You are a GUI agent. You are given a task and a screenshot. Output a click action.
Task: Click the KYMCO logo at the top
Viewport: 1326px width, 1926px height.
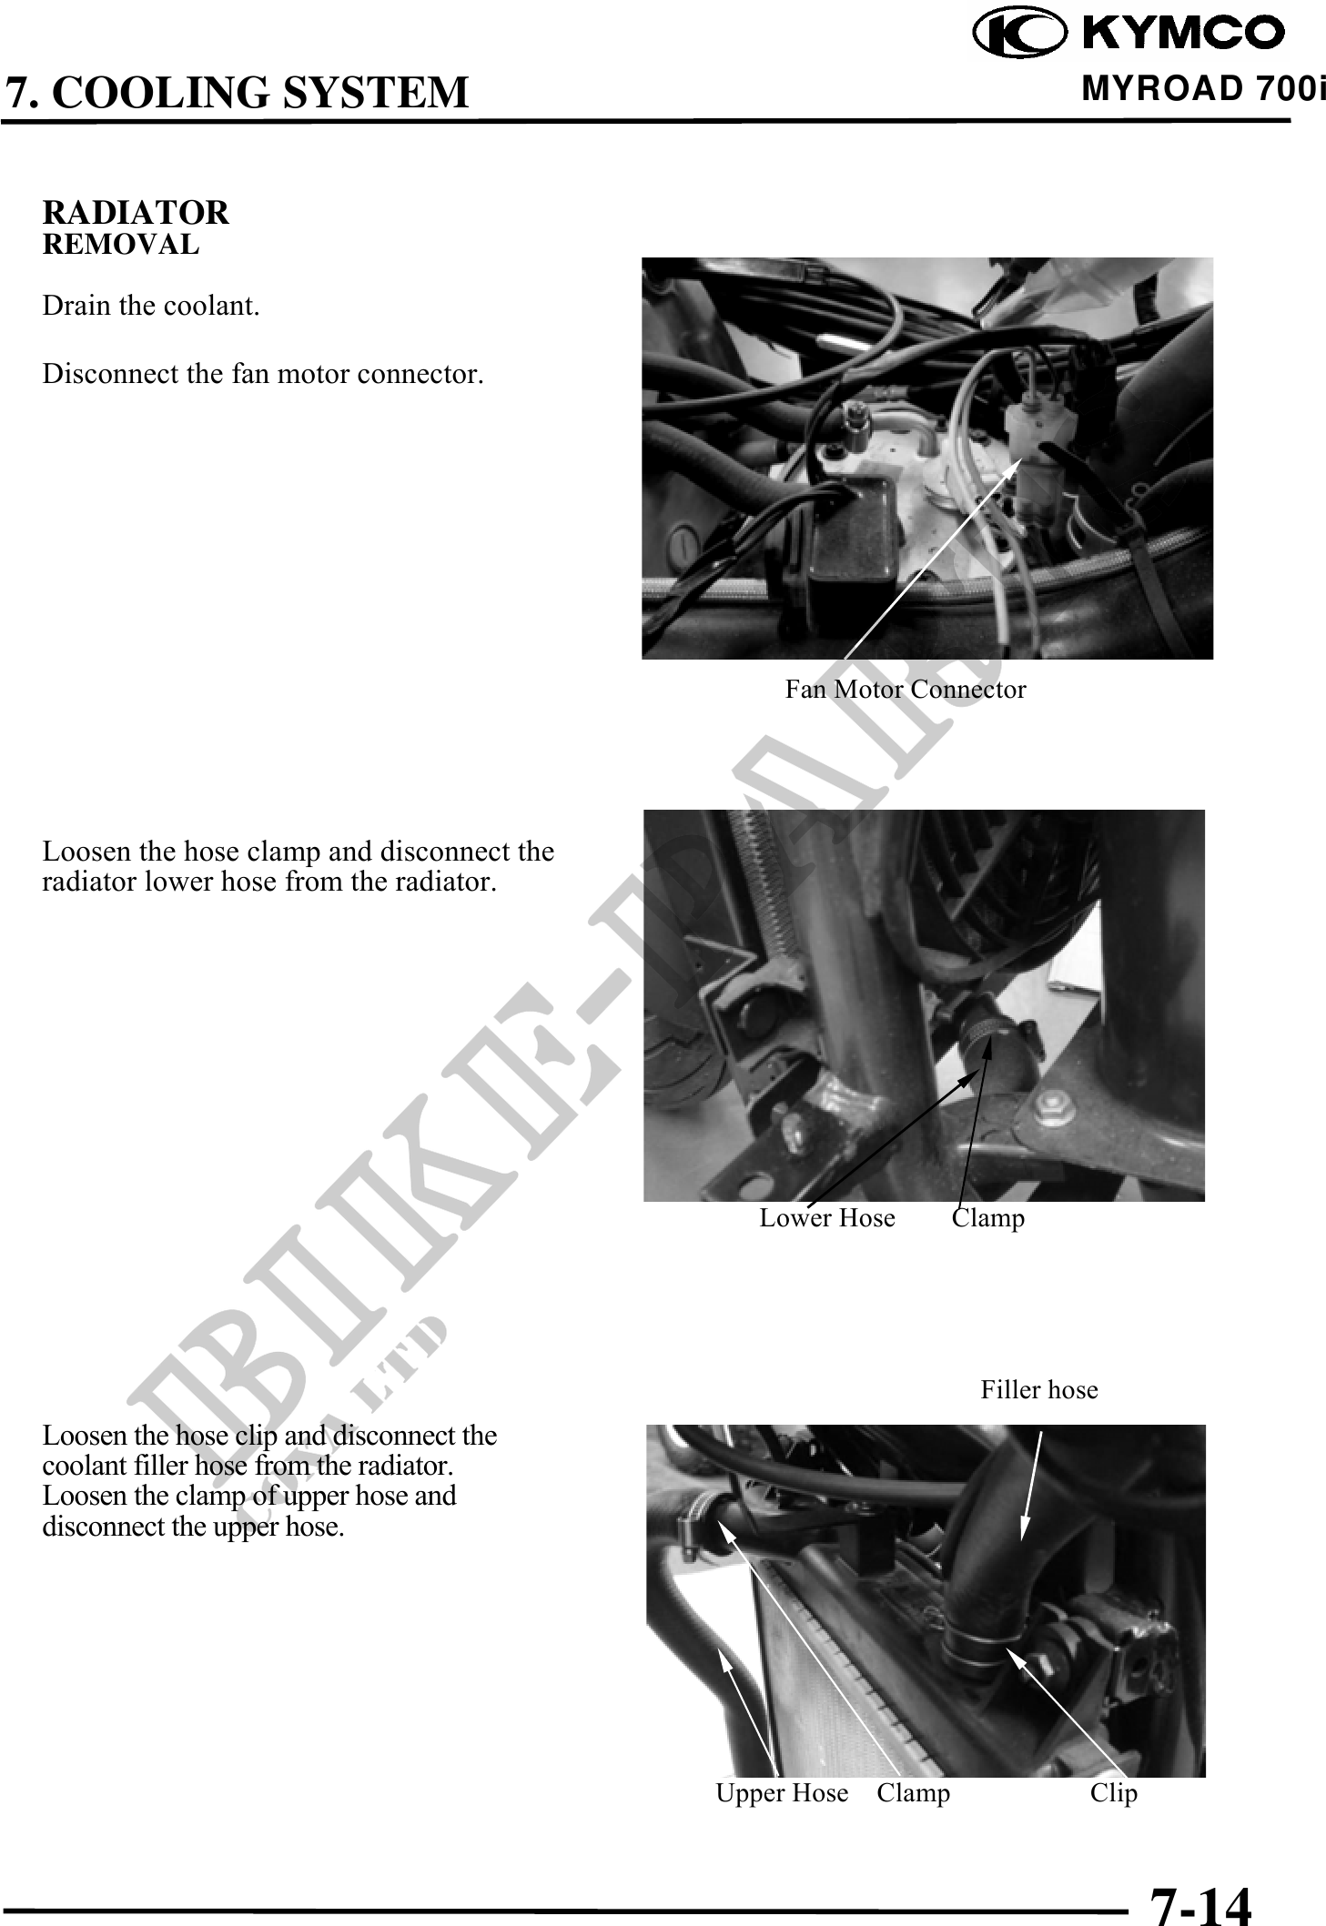pos(1129,34)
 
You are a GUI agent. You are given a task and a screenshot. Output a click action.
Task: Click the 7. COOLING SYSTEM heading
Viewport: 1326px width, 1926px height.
pos(237,93)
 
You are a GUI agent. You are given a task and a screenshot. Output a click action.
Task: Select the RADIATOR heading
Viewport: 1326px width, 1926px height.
pos(137,213)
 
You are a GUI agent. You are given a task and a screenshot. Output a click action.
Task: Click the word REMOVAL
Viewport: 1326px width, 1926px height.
pos(121,245)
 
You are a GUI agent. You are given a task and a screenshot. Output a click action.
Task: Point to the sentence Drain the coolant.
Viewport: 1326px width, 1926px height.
pos(151,306)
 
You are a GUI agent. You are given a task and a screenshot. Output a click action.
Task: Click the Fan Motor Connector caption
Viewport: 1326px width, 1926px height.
pos(906,690)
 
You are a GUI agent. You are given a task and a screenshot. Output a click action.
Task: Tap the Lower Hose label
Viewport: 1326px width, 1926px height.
pos(827,1218)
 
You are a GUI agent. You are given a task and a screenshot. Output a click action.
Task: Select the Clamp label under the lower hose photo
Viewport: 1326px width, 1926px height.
pos(988,1218)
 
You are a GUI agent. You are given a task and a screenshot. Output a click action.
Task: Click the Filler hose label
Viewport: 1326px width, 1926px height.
pos(1039,1390)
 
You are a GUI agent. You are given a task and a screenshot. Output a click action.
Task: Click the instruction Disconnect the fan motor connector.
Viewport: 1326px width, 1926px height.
pos(263,374)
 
